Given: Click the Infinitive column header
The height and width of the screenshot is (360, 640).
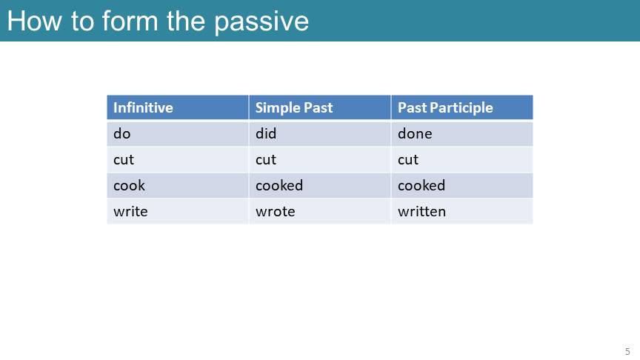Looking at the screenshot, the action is point(178,107).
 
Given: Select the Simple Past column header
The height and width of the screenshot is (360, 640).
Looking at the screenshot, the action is point(319,107).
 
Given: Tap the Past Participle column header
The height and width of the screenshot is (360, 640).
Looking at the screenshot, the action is point(461,107).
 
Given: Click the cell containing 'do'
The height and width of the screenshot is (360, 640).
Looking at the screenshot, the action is point(178,133).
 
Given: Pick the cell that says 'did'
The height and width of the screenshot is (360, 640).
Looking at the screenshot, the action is point(319,133).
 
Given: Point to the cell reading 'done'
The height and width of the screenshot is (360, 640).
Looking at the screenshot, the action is point(461,133).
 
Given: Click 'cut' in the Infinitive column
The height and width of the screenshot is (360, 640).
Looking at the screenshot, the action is point(178,159).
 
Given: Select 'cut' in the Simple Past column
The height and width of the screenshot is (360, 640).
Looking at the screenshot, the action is point(319,159).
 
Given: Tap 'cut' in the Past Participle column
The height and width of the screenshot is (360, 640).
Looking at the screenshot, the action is point(461,159).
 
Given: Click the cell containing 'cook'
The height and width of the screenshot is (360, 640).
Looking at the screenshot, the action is point(178,185).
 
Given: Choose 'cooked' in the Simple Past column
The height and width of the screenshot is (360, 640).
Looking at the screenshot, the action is point(319,185).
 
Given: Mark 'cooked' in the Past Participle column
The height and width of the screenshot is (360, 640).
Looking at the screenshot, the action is point(461,185).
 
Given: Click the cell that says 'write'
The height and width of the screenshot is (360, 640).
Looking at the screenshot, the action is point(178,211).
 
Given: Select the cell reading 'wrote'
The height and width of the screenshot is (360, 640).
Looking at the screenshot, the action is point(319,211).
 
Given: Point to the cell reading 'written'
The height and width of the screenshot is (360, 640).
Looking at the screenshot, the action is point(461,211).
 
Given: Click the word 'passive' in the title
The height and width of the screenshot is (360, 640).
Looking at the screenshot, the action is point(261,23).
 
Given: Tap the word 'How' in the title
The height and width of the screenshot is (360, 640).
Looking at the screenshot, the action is point(34,21).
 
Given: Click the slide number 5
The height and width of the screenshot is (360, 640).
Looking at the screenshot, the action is point(627,351).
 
